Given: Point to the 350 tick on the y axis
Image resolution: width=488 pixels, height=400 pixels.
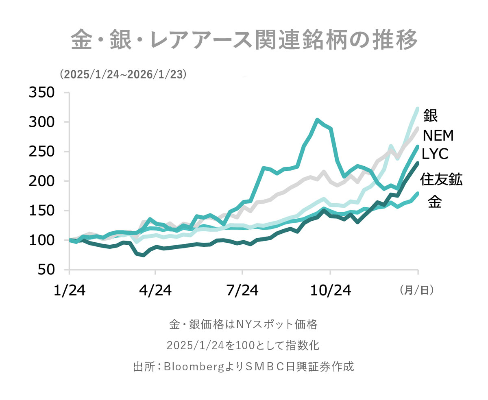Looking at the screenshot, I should (x=41, y=93).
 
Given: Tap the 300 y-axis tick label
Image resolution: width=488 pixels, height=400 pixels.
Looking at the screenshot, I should (x=41, y=122).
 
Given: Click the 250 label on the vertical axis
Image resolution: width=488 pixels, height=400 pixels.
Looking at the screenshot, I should (x=41, y=152).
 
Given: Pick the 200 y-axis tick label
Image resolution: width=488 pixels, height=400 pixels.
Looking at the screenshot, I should (x=41, y=181).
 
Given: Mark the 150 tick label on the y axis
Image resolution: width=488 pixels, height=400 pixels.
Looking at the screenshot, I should (x=41, y=211).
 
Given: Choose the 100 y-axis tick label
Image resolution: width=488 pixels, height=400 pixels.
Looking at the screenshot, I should (x=41, y=240).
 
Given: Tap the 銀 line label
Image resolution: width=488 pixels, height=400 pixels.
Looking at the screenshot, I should (x=430, y=115).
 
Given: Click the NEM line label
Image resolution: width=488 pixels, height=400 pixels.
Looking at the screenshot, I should (x=438, y=135).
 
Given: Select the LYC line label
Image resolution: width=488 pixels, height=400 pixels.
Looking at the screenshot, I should (x=435, y=154).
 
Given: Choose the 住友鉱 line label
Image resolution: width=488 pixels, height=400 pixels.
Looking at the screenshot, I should (x=441, y=179).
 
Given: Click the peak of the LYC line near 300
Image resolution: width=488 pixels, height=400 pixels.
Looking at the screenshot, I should (x=317, y=120).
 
